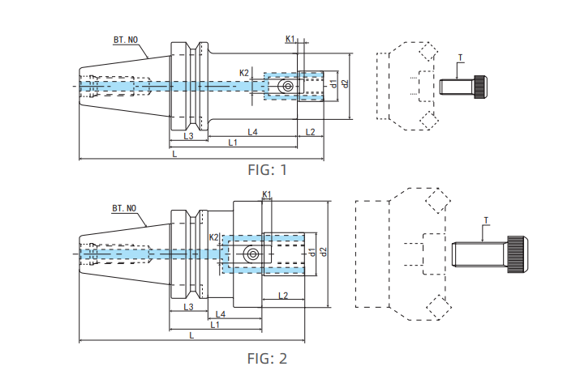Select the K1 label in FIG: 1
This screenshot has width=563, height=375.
click(290, 39)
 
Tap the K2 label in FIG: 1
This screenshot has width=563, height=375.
click(244, 73)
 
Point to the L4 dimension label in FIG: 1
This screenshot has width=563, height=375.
click(252, 132)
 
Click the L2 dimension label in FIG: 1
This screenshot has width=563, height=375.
click(310, 132)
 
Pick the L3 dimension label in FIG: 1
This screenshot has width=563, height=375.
click(188, 135)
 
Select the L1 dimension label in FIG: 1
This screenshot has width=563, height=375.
click(233, 143)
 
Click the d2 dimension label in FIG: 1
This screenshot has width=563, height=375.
click(346, 83)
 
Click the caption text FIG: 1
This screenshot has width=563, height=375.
click(267, 169)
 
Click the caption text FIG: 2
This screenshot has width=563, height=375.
click(267, 357)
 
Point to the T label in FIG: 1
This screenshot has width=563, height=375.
click(460, 58)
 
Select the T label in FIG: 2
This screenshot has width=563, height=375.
click(485, 219)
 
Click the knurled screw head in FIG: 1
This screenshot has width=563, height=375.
click(481, 85)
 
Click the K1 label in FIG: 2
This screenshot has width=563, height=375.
click(267, 194)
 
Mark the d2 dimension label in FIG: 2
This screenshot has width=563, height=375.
click(323, 253)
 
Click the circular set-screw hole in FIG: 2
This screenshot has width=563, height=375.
click(254, 254)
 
